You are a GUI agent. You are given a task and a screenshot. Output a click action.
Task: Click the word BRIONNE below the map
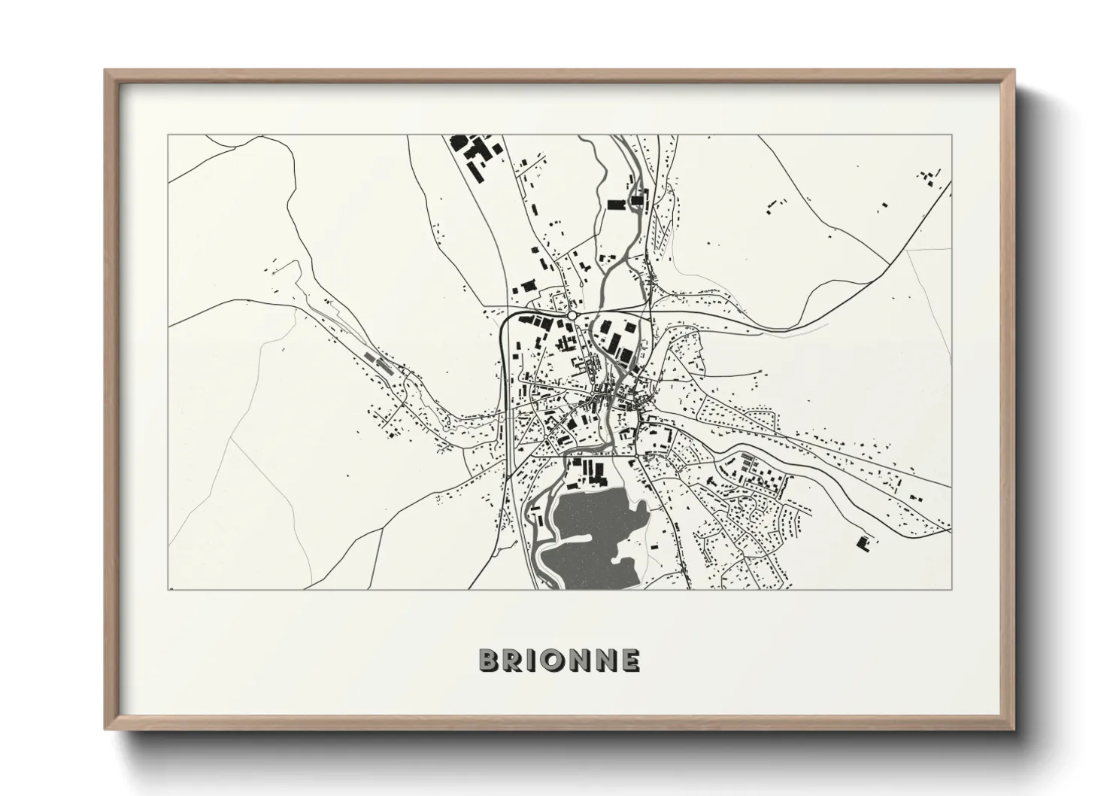click(560, 661)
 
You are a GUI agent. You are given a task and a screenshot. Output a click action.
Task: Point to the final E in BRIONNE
click(632, 661)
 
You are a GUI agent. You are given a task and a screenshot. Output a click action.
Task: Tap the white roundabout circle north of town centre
click(573, 316)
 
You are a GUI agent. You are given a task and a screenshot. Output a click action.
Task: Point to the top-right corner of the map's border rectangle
click(951, 136)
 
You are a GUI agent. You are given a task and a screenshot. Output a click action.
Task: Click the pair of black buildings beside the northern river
click(628, 202)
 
